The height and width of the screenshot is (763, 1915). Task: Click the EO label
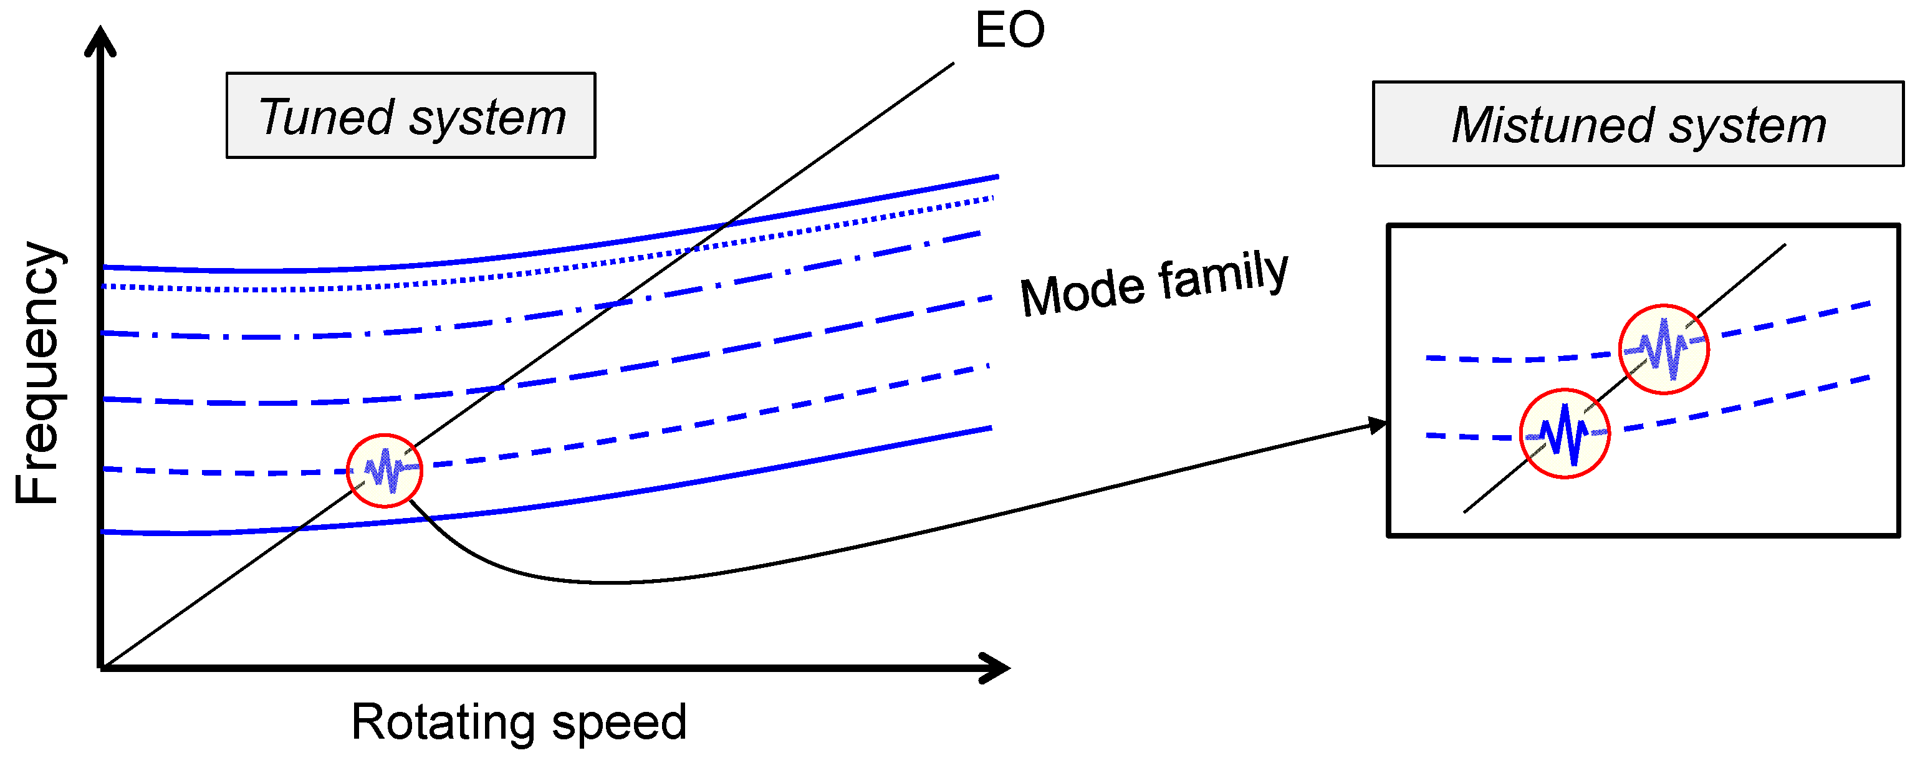point(1009,31)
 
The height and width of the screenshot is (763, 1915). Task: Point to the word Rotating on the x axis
point(443,721)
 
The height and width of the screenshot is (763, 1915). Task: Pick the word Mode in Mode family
point(1082,292)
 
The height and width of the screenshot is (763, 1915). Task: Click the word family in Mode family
point(1223,274)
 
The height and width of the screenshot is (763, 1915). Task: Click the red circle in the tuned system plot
point(385,471)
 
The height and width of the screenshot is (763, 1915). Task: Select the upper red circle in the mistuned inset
point(1664,349)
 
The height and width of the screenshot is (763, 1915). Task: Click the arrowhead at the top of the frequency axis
point(100,41)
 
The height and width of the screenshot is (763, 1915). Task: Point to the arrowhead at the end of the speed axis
point(996,668)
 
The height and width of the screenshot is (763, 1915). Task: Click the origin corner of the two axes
point(101,667)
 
